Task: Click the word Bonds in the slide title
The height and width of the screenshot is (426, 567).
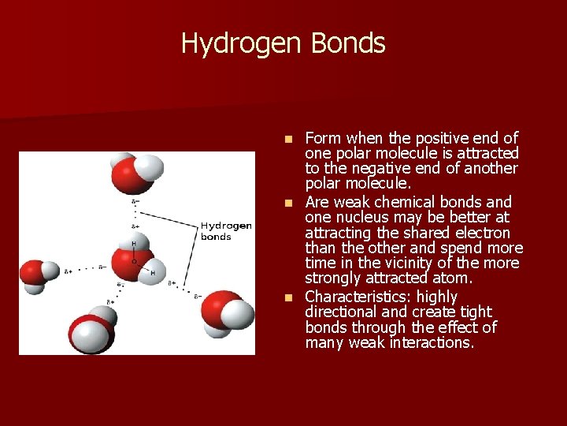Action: coord(348,43)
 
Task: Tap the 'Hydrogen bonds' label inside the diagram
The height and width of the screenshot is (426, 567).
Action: coord(226,230)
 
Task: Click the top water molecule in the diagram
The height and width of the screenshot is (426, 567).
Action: coord(135,173)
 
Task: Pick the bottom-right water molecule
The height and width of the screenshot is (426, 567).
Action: coord(228,311)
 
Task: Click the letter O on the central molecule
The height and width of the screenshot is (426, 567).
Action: coord(134,260)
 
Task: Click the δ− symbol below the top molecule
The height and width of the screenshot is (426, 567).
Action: coord(135,202)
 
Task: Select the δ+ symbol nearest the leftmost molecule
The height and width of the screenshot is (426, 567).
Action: coord(69,271)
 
